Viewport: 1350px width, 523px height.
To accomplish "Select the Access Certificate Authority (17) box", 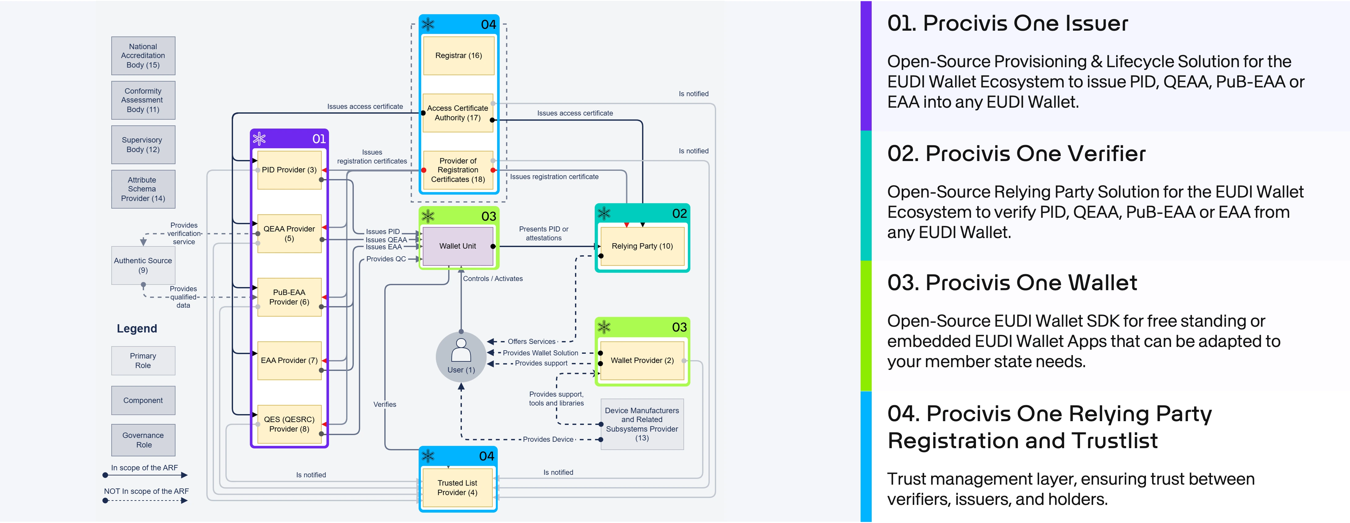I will [457, 113].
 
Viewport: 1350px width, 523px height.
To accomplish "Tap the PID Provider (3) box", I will [289, 170].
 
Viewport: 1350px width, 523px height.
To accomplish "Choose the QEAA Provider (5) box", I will [289, 234].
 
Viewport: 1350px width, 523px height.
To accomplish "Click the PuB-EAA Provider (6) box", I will [289, 297].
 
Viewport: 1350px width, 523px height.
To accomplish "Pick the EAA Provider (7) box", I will [289, 360].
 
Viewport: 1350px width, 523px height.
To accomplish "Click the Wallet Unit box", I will [457, 246].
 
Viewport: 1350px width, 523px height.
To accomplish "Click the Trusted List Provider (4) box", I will [457, 488].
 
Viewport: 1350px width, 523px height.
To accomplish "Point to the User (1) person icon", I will [461, 351].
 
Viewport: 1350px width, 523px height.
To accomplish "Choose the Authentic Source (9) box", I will [143, 265].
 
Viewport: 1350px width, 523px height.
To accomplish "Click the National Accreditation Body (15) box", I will [143, 56].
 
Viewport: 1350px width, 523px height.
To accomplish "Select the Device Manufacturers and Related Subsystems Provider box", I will [642, 424].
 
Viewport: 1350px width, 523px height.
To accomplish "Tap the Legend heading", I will [137, 329].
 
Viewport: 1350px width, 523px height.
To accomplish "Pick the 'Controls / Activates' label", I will [493, 279].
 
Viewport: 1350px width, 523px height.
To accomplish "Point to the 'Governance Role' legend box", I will [143, 440].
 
